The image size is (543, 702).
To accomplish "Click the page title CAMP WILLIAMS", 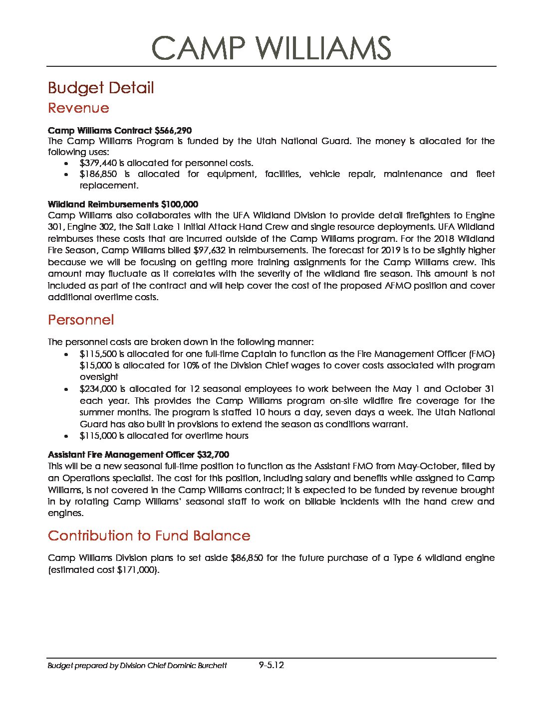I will (x=271, y=48).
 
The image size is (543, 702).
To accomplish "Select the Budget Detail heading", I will (x=101, y=88).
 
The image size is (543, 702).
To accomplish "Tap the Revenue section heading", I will (x=78, y=108).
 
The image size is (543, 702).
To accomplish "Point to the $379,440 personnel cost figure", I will (x=98, y=163).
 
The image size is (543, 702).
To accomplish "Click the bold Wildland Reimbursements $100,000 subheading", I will (x=123, y=204).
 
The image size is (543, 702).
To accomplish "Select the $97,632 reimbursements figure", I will (x=209, y=250).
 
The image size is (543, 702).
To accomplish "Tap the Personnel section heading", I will (x=81, y=320).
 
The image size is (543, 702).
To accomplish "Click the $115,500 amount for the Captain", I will (x=98, y=354).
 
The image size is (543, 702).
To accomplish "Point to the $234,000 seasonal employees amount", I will (x=98, y=389).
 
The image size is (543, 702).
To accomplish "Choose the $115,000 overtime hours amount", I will (x=98, y=436).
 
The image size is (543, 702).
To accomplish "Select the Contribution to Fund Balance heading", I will (x=149, y=536).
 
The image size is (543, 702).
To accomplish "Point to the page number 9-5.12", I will (x=271, y=665).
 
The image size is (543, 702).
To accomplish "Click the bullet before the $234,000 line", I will (x=66, y=389).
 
